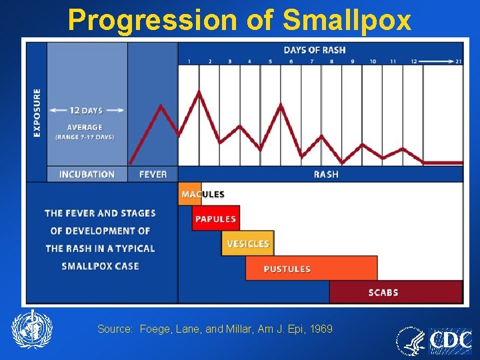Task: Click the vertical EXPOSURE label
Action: coord(37,113)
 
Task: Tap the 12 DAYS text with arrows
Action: coord(87,111)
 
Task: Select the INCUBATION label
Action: coord(87,174)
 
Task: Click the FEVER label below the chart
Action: coord(153,174)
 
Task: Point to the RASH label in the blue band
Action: coord(326,174)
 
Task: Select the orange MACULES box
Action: coord(190,194)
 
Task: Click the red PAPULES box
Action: coord(215,219)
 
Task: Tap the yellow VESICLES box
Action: coord(248,244)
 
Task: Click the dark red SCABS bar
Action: coord(395,292)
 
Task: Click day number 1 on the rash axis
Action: coord(189,61)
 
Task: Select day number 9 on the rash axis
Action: coord(352,61)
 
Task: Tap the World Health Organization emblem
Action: coord(31,329)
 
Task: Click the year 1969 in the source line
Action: coord(321,329)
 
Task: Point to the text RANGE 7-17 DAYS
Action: coord(85,137)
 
